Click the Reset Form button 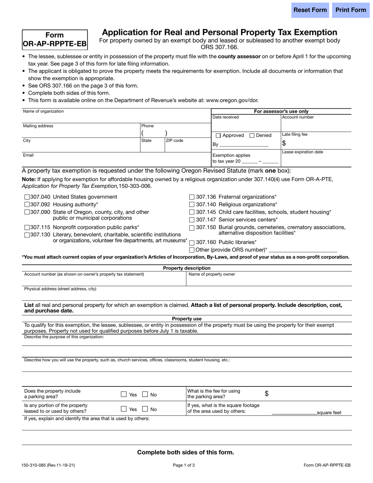click(x=310, y=10)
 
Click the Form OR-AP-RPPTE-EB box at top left click(x=55, y=40)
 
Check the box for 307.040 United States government click(x=27, y=197)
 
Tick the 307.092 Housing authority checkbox click(x=27, y=205)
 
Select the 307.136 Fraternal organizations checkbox click(x=192, y=197)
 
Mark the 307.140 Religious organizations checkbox click(x=192, y=205)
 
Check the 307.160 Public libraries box click(x=192, y=243)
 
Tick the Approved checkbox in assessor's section click(x=218, y=135)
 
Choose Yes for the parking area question click(x=124, y=394)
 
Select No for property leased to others click(x=145, y=409)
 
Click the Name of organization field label click(x=43, y=112)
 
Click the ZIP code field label click(x=174, y=141)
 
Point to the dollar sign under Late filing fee click(x=284, y=143)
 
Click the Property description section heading click(x=186, y=268)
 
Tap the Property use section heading click(x=186, y=319)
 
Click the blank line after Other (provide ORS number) click(x=303, y=250)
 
